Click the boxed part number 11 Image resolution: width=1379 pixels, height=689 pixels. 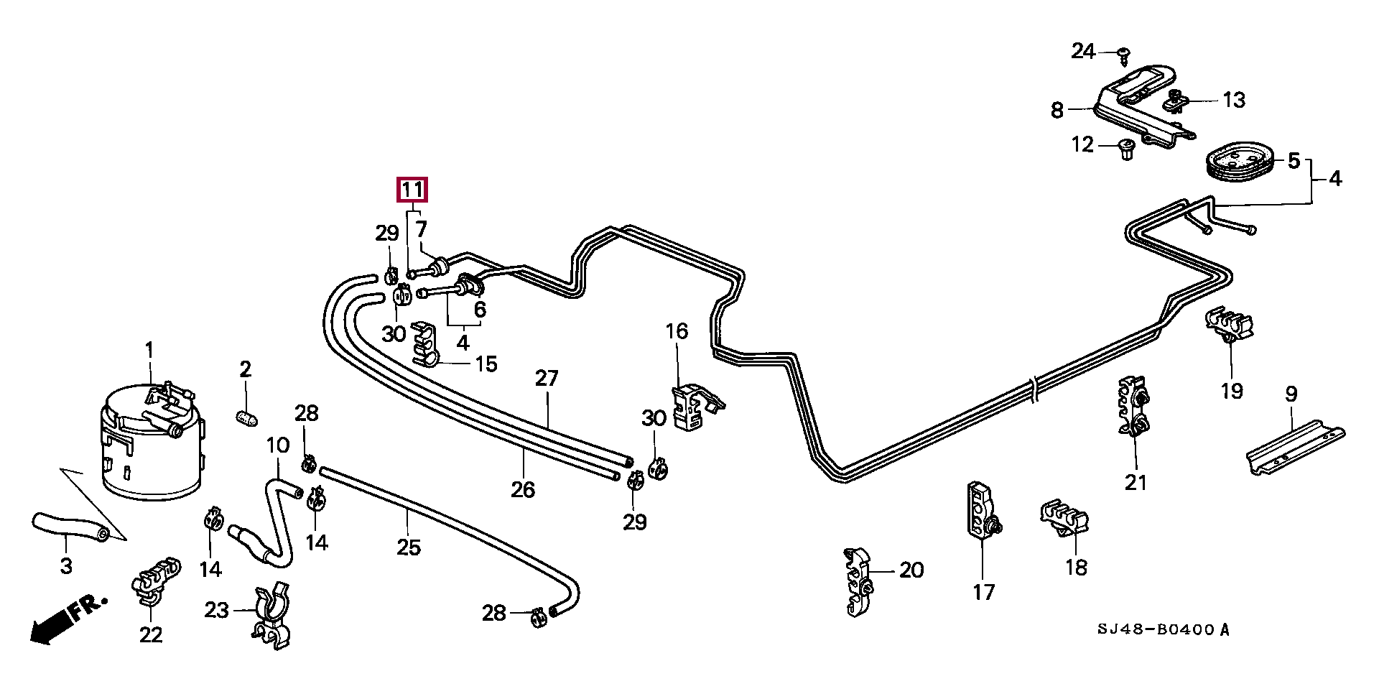[x=412, y=190]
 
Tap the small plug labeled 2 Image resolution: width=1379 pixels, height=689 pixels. [x=246, y=416]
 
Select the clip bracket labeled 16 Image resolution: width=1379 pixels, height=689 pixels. [x=693, y=407]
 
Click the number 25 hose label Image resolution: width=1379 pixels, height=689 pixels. [x=408, y=547]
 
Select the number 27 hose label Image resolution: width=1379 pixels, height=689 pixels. [x=547, y=379]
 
